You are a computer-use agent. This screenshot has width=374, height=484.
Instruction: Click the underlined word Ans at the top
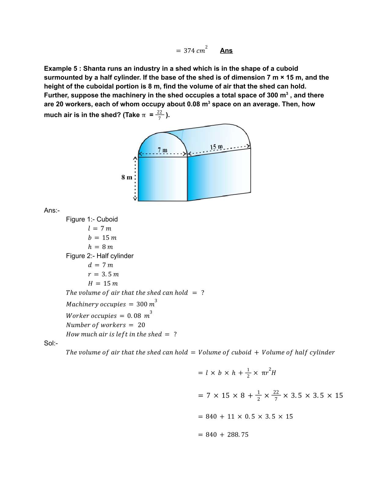226,51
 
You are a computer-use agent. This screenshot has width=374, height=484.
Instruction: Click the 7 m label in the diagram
163,150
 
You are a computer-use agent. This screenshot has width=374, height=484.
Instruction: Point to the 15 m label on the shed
216,147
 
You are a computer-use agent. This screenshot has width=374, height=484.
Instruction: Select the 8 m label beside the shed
127,177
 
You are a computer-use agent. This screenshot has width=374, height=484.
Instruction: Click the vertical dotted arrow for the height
135,179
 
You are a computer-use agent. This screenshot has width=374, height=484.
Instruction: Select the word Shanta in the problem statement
94,68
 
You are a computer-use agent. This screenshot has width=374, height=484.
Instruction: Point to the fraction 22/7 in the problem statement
159,115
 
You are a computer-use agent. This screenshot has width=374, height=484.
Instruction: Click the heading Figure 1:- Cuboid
92,219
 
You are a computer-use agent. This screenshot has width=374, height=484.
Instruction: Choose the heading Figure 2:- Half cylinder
100,256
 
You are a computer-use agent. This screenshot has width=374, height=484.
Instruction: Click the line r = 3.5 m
103,274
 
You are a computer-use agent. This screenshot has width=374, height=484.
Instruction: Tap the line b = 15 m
102,237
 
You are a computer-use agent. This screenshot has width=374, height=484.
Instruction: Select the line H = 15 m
103,283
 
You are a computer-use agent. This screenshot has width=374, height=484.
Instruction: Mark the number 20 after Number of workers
141,325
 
